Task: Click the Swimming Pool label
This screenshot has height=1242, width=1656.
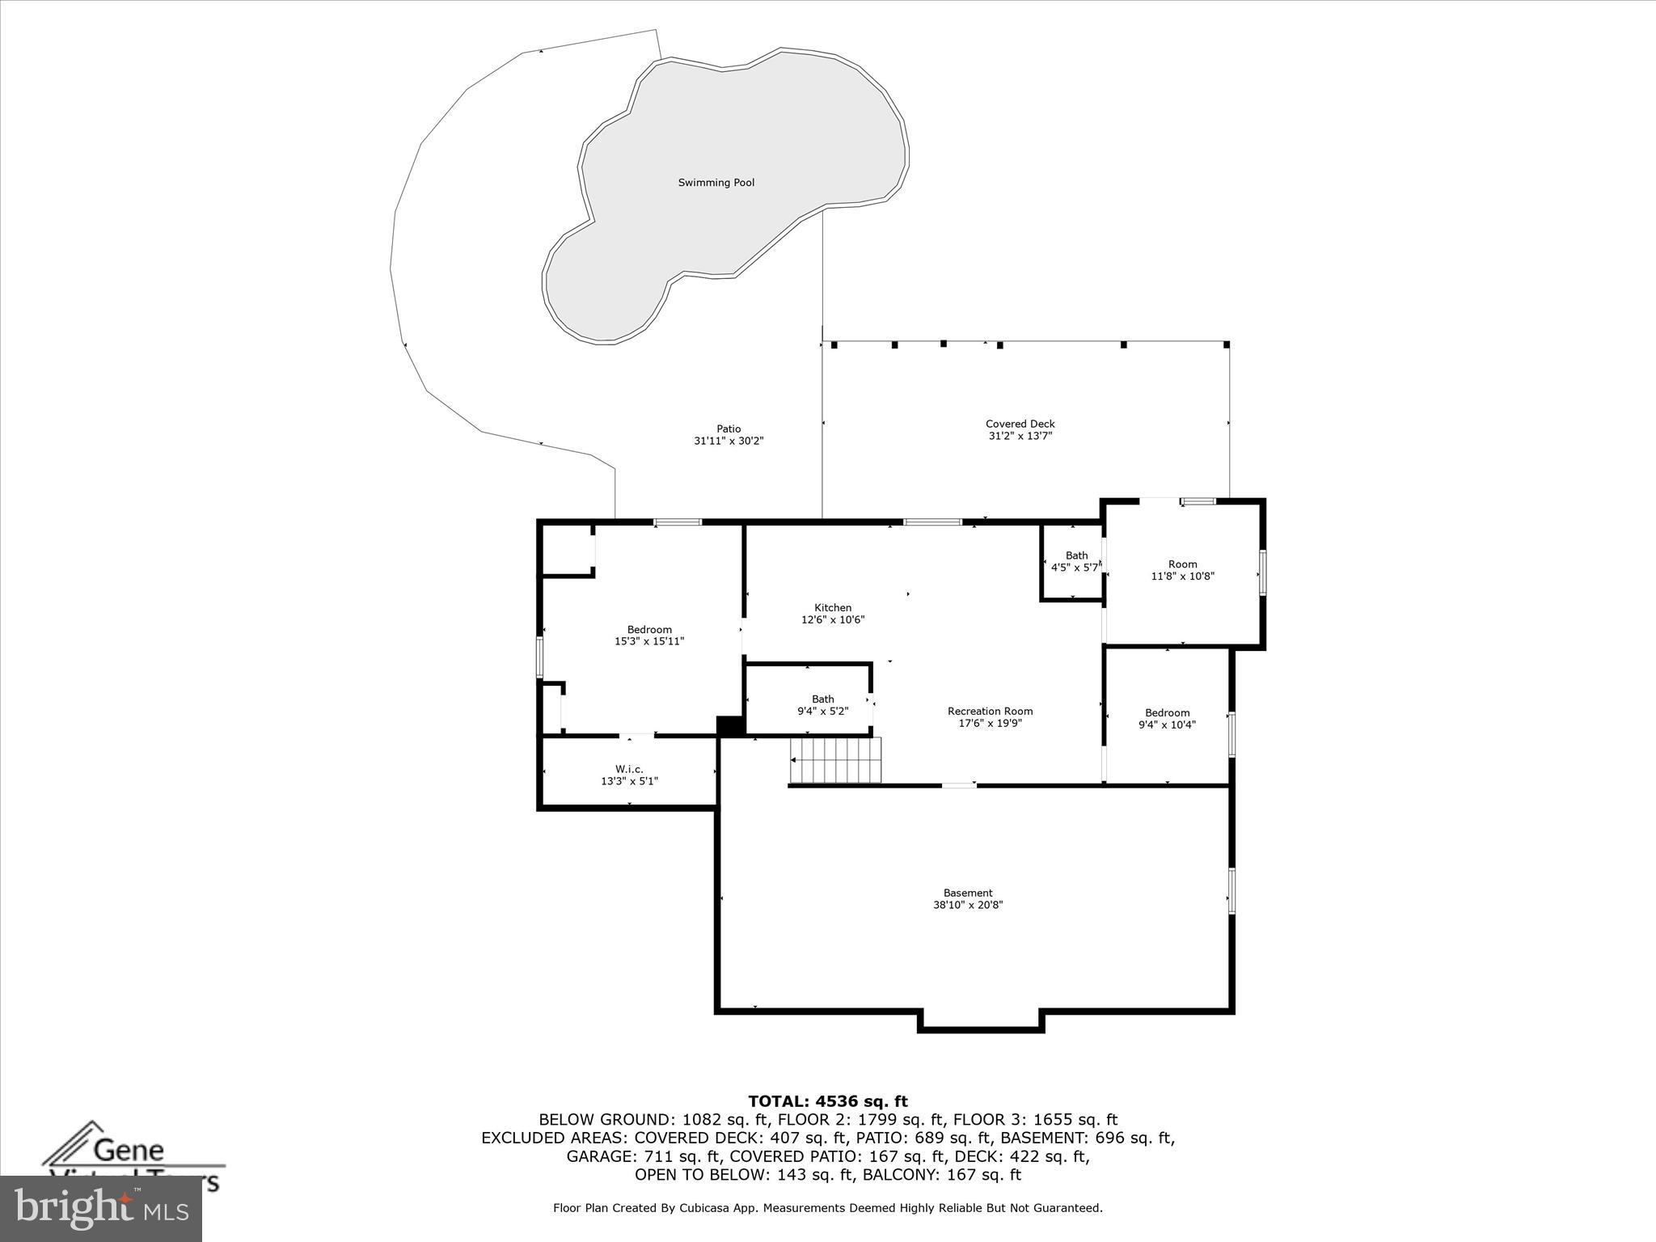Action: point(716,183)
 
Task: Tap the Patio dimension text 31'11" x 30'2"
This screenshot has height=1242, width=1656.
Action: point(729,441)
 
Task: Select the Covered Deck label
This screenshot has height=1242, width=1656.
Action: point(1020,424)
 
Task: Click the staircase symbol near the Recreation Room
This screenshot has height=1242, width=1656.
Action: point(835,760)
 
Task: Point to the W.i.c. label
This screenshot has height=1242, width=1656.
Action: point(629,769)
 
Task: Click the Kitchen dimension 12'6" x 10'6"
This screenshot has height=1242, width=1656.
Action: point(833,620)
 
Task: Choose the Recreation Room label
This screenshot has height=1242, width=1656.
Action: point(990,712)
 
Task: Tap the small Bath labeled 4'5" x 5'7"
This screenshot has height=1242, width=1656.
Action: point(1075,562)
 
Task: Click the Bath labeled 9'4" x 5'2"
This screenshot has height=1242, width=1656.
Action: point(822,705)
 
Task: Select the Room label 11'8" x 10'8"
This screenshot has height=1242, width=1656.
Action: point(1182,564)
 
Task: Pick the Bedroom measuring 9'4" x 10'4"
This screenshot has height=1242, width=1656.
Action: point(1167,719)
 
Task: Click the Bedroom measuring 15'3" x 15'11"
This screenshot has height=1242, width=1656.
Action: point(649,636)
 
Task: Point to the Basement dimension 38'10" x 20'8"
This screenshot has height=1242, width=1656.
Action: point(968,906)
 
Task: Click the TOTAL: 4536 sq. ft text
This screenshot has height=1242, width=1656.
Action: point(828,1101)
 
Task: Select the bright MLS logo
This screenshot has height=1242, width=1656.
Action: point(101,1208)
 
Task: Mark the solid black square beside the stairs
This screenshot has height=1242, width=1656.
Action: point(731,726)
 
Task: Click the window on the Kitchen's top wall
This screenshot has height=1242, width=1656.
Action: point(932,522)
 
